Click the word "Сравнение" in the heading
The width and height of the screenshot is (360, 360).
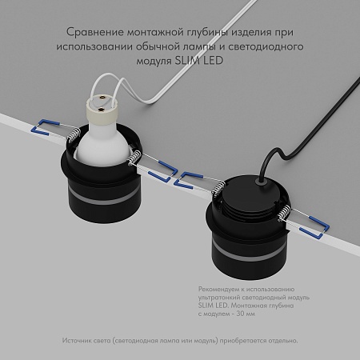[x=91, y=33]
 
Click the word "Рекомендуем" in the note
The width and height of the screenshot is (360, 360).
[x=215, y=287]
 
